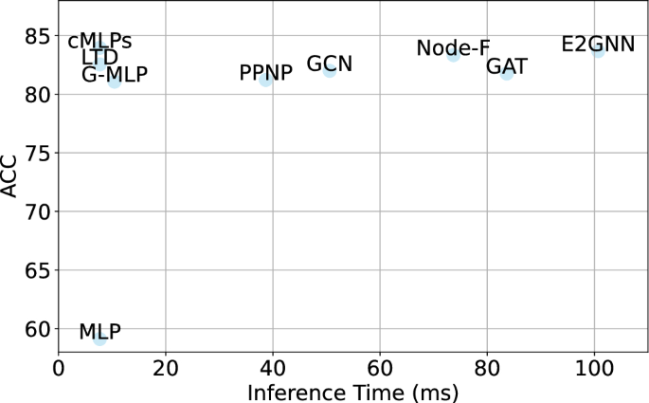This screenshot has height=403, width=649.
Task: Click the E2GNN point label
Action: [x=598, y=44]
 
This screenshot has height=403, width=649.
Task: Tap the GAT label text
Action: [x=507, y=66]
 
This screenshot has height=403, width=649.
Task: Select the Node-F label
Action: [x=453, y=48]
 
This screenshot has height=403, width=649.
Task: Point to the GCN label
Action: [x=330, y=64]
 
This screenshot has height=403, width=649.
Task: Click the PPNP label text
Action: [x=266, y=73]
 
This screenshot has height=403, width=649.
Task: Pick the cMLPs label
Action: [x=99, y=42]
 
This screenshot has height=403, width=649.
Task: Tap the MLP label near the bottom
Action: [x=99, y=332]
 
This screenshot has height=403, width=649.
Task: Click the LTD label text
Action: [x=100, y=59]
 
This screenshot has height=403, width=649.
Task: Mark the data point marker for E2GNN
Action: [x=598, y=49]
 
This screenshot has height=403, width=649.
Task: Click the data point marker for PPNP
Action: [x=266, y=80]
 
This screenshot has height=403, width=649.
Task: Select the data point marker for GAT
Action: [x=507, y=73]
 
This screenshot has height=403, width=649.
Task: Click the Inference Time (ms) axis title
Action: [x=353, y=390]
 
